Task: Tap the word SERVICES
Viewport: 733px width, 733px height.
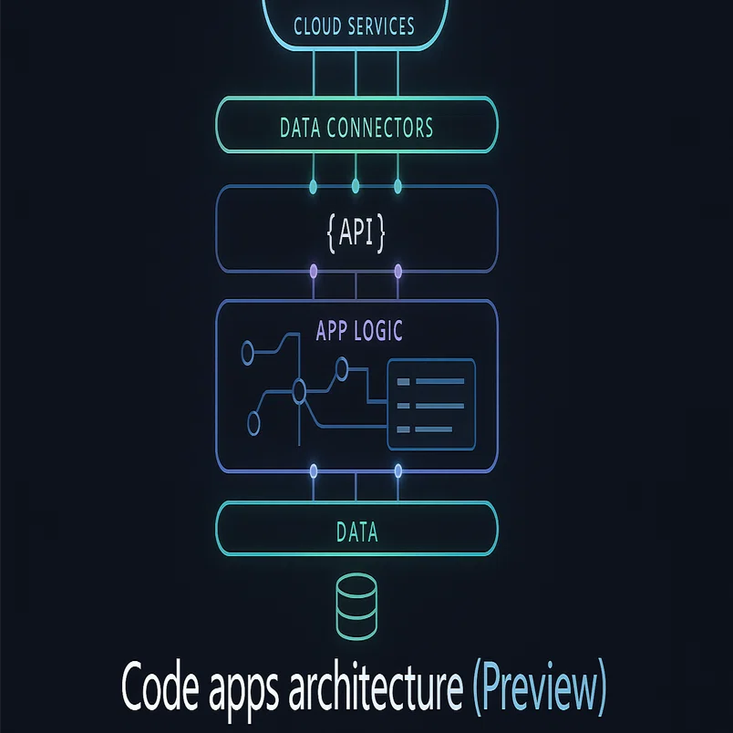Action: pos(380,26)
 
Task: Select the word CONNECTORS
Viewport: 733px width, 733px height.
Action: pos(379,128)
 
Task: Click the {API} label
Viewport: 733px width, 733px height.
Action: pos(356,232)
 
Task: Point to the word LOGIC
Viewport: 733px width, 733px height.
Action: pos(378,331)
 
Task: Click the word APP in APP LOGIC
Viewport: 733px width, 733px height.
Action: pos(332,331)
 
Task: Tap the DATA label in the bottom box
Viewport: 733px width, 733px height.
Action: pos(356,532)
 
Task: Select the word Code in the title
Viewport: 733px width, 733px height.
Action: pos(160,687)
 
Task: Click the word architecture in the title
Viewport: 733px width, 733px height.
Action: pos(376,687)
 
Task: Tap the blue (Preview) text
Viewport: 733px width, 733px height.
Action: pos(540,687)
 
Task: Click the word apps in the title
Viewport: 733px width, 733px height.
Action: pos(243,692)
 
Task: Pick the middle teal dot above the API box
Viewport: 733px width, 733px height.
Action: pos(356,186)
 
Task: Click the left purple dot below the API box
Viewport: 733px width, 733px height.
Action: pos(314,271)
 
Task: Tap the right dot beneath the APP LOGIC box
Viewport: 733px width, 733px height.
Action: pos(398,470)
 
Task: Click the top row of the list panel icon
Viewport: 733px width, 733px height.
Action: pos(430,381)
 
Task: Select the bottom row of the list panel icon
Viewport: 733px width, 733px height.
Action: pos(425,429)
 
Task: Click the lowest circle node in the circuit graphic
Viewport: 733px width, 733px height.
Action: pos(253,424)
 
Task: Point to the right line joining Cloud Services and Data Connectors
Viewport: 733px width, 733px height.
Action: pos(397,74)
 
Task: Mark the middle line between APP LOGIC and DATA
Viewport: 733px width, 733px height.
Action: pos(356,487)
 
